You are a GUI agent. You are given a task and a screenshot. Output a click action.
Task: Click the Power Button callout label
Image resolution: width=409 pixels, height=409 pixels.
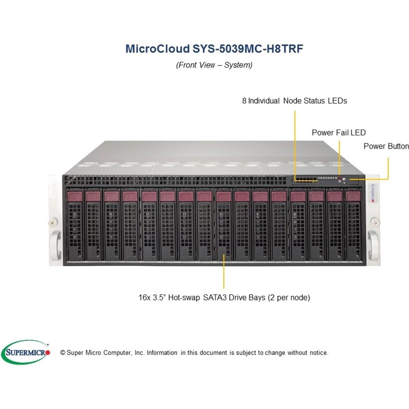pyautogui.click(x=386, y=146)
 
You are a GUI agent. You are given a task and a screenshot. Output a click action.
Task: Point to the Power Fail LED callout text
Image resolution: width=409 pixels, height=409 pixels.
pyautogui.click(x=339, y=133)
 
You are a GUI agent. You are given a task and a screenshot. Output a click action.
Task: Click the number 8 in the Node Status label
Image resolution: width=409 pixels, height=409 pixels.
pyautogui.click(x=244, y=101)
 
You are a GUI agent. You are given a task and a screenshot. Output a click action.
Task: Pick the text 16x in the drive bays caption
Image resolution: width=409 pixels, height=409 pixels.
pyautogui.click(x=144, y=298)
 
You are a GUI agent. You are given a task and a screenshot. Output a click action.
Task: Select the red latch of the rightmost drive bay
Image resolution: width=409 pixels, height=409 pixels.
pyautogui.click(x=353, y=196)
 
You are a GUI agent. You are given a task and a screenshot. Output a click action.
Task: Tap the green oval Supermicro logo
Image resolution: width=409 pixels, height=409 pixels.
pyautogui.click(x=26, y=352)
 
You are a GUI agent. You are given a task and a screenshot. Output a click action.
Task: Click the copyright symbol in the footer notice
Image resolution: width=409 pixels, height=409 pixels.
pyautogui.click(x=63, y=353)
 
